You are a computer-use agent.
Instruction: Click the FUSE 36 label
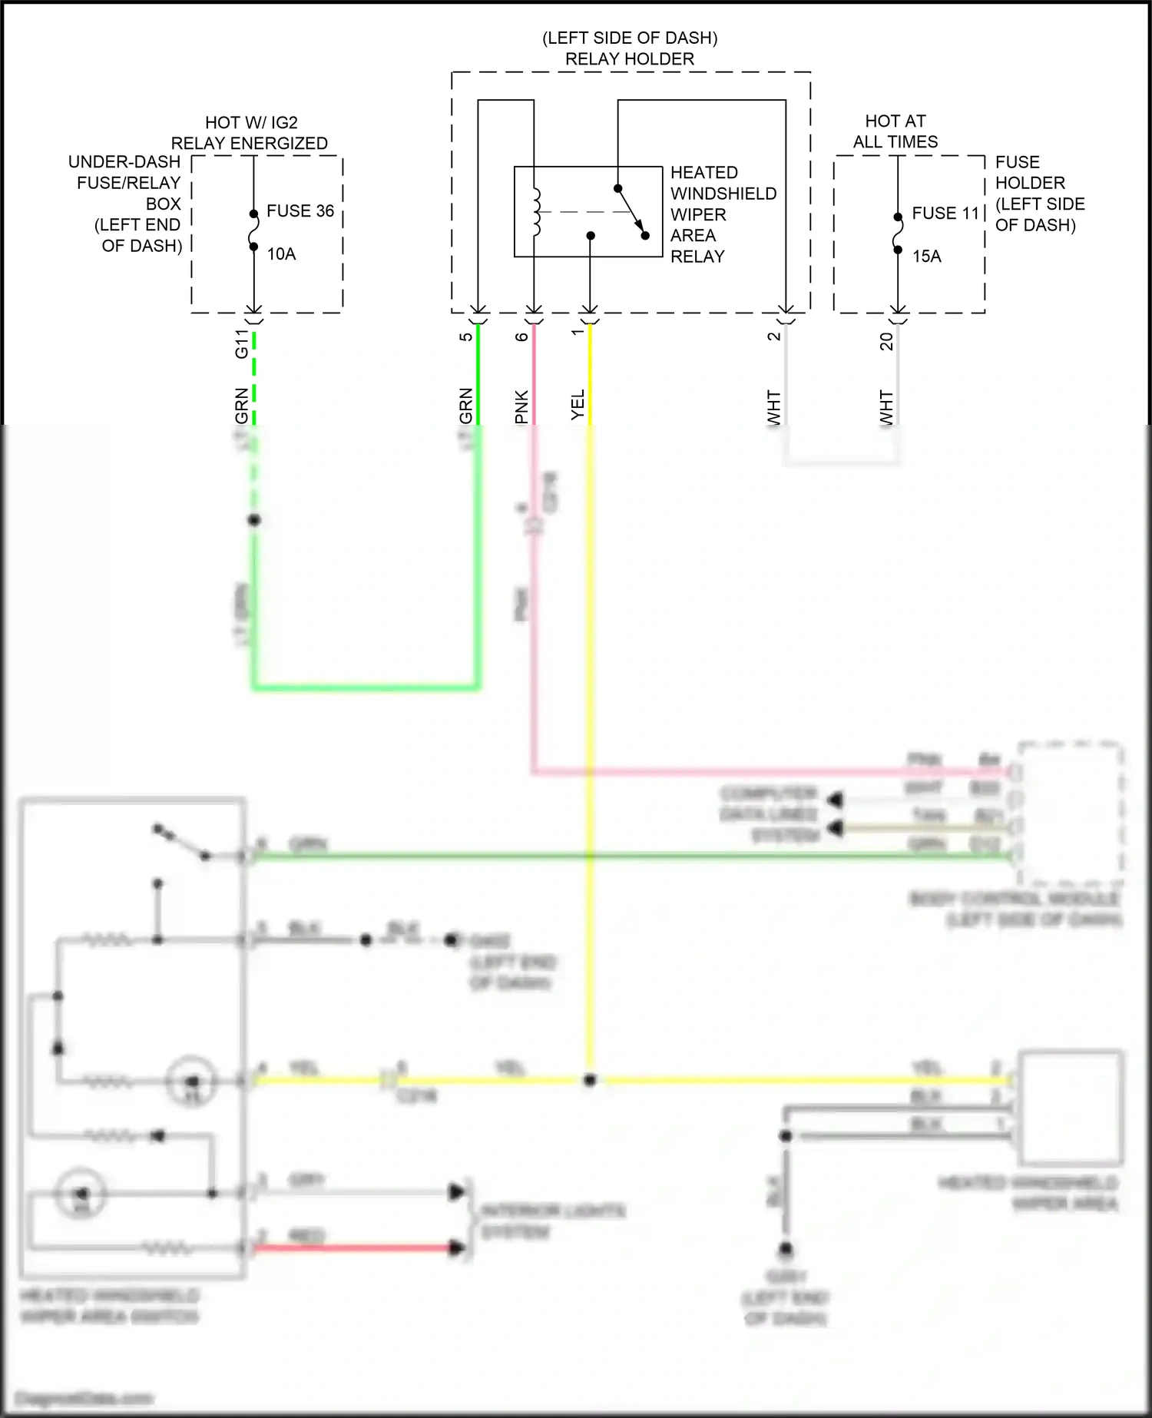click(x=300, y=211)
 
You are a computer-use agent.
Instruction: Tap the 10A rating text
click(x=281, y=254)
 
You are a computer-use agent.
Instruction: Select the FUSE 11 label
click(x=945, y=214)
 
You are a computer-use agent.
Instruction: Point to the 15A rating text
click(x=926, y=257)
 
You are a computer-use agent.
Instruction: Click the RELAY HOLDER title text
click(x=630, y=59)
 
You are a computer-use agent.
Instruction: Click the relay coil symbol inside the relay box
click(x=536, y=211)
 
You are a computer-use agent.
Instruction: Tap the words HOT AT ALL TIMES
click(x=895, y=131)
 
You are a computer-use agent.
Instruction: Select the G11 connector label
click(x=242, y=344)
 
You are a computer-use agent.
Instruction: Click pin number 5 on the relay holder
click(x=465, y=336)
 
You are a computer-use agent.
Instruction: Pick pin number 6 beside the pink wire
click(x=521, y=336)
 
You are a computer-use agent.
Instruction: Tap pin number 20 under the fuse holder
click(x=886, y=341)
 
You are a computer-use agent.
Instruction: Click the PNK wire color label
click(x=521, y=406)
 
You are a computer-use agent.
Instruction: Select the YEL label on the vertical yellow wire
click(x=578, y=405)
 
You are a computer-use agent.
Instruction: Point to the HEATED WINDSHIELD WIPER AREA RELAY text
click(x=722, y=214)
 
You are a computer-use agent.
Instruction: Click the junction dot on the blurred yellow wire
click(x=589, y=1080)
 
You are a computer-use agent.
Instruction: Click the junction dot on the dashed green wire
click(x=254, y=520)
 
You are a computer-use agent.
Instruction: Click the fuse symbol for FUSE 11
click(x=897, y=233)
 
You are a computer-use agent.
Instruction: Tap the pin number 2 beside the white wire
click(x=774, y=336)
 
